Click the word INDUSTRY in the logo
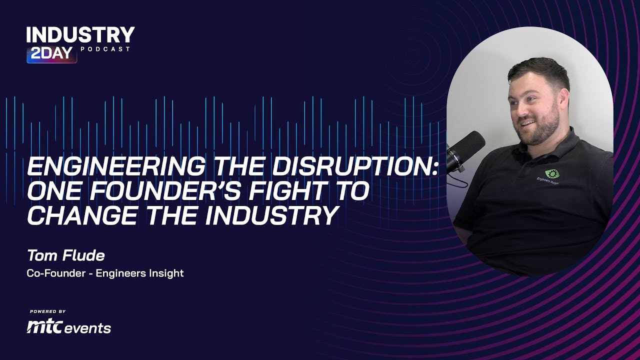(x=80, y=35)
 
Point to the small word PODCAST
(x=105, y=49)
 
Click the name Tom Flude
(x=65, y=255)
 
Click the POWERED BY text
(x=48, y=311)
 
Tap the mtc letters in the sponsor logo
(x=45, y=327)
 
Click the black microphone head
(x=467, y=146)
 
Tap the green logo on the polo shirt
(x=552, y=174)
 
